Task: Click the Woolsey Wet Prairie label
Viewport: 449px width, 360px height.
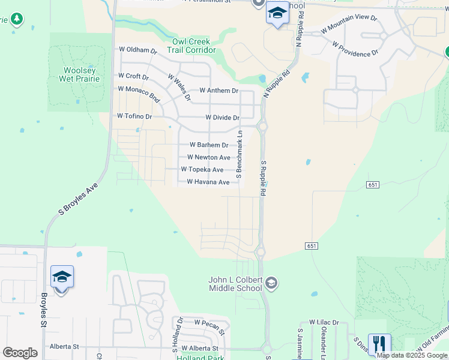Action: tap(80, 74)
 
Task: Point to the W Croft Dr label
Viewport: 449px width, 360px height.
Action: tap(133, 76)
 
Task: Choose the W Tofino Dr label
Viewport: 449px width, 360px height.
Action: tap(134, 116)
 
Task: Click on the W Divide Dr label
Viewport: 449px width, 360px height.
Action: tap(222, 118)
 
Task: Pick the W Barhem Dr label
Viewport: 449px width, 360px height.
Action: tap(209, 145)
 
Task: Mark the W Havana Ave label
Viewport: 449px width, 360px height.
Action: tap(208, 182)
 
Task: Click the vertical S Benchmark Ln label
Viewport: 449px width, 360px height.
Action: tap(239, 154)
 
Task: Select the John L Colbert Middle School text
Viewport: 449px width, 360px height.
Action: tap(235, 284)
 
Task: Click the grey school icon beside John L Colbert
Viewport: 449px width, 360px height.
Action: tap(272, 282)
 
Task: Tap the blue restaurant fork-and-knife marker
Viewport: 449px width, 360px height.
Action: tap(379, 344)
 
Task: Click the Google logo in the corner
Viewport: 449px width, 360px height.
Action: tap(20, 353)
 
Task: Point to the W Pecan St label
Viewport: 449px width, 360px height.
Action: tap(209, 326)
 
